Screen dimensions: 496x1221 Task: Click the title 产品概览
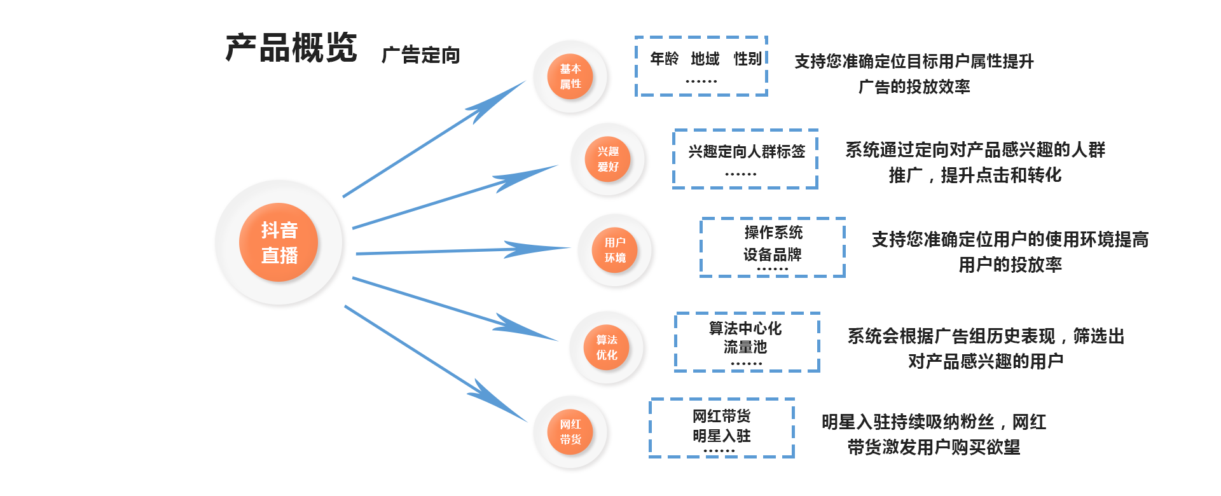(x=291, y=48)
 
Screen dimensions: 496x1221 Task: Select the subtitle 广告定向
(x=420, y=55)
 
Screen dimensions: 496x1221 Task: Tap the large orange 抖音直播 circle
(x=279, y=242)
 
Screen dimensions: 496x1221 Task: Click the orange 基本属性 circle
(x=570, y=76)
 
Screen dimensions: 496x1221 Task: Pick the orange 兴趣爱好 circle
(x=607, y=159)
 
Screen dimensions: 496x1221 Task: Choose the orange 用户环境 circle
(x=614, y=250)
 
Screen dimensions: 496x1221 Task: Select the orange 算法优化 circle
(x=606, y=347)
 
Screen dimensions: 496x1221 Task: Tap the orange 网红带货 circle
(x=570, y=432)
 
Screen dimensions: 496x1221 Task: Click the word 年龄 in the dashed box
(x=664, y=59)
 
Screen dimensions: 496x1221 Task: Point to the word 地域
(x=705, y=59)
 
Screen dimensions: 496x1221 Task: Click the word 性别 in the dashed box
(x=747, y=59)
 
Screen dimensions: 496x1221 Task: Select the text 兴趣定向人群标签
(x=746, y=151)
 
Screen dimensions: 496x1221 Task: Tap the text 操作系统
(x=773, y=233)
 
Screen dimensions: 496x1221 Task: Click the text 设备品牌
(x=772, y=254)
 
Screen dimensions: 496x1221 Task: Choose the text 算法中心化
(x=745, y=328)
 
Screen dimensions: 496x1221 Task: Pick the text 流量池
(x=745, y=347)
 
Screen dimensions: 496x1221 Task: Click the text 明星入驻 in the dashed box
(x=721, y=436)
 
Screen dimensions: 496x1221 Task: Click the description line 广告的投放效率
(x=914, y=86)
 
